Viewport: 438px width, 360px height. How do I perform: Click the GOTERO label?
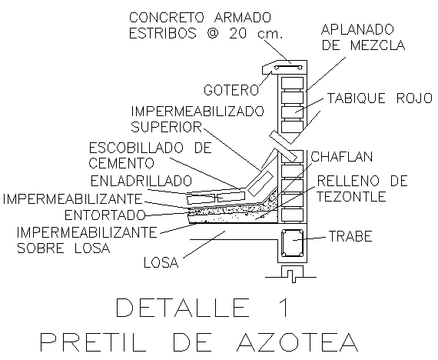(231, 90)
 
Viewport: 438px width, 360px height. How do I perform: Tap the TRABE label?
(350, 236)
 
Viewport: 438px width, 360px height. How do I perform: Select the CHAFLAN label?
(342, 157)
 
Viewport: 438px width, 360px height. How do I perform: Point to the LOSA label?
(161, 262)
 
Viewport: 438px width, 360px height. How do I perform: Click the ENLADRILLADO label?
(141, 181)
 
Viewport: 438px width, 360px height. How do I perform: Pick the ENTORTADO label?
(105, 215)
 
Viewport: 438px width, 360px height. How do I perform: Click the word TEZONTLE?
(351, 196)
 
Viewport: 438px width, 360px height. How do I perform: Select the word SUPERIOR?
(166, 127)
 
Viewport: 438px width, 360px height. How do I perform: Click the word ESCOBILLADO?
(136, 148)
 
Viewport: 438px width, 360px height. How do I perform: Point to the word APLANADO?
(357, 29)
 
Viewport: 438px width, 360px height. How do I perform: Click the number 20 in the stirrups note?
(238, 33)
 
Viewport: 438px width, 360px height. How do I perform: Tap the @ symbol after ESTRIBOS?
(213, 34)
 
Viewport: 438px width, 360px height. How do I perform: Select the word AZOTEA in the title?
(297, 342)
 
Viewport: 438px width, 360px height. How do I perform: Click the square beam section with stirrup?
(292, 243)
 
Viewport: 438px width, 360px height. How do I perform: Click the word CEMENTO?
(121, 163)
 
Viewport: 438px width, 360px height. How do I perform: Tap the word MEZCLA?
(377, 45)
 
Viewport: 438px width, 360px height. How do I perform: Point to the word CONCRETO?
(167, 18)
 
